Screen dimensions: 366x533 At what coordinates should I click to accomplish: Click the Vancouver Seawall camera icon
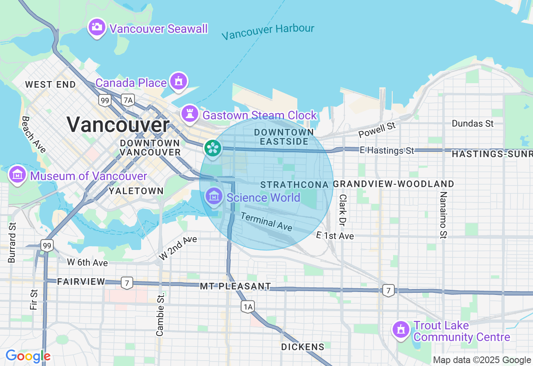tap(97, 27)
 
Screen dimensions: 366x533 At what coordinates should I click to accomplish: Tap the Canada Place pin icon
tap(179, 81)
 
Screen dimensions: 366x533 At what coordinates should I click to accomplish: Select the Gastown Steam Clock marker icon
tap(190, 113)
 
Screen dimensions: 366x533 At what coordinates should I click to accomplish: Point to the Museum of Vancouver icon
tap(17, 175)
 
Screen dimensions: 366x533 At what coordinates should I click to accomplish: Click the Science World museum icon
tap(214, 196)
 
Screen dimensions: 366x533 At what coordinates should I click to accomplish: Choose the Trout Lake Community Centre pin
tap(401, 329)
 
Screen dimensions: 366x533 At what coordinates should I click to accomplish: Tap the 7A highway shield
tap(128, 100)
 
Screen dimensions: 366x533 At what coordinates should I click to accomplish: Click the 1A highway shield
tap(248, 307)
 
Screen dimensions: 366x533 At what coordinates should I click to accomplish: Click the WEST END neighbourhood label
tap(50, 85)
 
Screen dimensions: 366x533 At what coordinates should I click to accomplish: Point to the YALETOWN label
tap(136, 191)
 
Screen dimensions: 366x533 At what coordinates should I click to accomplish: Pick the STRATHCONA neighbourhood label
tap(294, 184)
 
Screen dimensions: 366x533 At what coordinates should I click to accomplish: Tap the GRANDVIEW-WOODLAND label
tap(394, 184)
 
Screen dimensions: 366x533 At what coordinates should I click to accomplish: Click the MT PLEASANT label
tap(235, 286)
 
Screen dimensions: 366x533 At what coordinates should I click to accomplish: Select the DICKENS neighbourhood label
tap(303, 347)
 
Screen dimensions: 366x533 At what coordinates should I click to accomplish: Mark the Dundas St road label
tap(473, 124)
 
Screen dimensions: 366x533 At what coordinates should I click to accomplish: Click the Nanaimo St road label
tap(443, 215)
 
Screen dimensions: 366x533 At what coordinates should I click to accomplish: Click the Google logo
tap(28, 356)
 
